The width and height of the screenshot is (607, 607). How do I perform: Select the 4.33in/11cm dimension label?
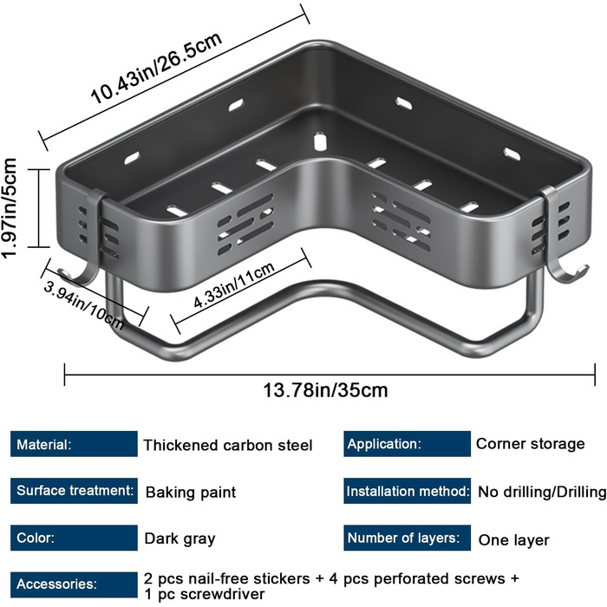234,289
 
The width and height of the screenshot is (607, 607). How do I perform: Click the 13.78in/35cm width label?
325,389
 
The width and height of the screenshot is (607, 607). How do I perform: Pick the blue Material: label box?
75,445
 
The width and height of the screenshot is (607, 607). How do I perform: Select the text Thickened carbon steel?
228,446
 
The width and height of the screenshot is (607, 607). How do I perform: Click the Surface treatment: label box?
75,491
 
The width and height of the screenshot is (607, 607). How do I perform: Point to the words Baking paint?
191,493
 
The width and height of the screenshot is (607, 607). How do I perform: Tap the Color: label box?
75,538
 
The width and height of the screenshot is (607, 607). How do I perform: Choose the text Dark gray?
179,538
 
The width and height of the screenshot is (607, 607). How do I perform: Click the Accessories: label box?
75,584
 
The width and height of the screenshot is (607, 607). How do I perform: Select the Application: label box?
407,444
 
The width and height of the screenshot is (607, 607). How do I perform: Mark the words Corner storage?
531,444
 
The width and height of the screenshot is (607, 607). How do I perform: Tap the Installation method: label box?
407,491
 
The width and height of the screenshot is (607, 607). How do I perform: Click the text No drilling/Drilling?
542,493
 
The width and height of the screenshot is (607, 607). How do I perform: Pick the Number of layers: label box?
407,538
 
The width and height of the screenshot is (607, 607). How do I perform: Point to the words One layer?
514,539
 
